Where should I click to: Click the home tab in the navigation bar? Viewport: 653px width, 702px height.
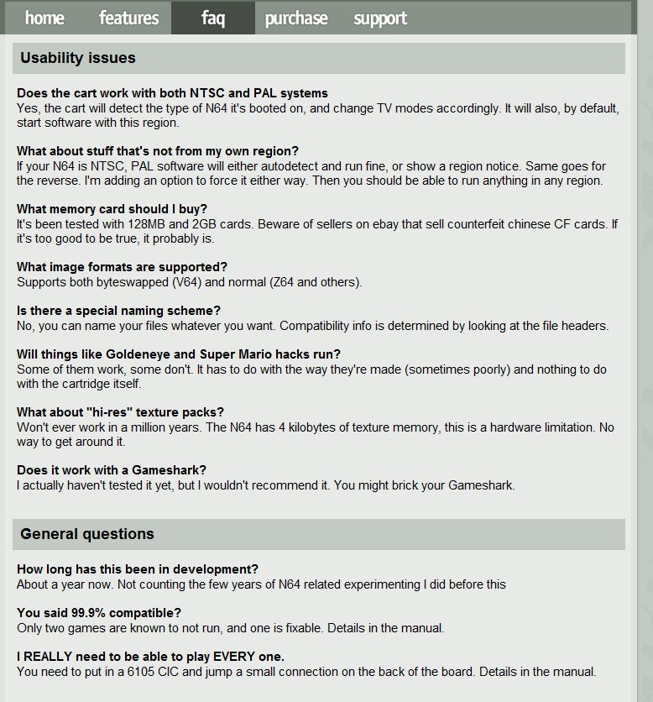(44, 18)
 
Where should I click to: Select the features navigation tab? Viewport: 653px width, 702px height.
(128, 18)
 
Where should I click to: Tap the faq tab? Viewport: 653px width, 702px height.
(213, 18)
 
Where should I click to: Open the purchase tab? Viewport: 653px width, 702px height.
(296, 18)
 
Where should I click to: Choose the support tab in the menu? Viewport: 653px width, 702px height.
(380, 18)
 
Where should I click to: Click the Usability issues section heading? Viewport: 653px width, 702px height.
(78, 58)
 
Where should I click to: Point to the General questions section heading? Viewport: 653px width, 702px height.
(87, 534)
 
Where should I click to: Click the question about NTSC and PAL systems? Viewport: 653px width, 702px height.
(172, 93)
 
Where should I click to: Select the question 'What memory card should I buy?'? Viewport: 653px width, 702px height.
(112, 209)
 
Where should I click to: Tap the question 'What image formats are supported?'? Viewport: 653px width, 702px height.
(122, 267)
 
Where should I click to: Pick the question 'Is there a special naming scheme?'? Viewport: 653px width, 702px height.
(118, 311)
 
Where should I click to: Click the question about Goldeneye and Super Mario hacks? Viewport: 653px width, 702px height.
(179, 354)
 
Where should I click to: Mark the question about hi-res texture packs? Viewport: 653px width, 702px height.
(120, 412)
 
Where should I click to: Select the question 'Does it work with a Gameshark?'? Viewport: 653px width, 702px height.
(112, 470)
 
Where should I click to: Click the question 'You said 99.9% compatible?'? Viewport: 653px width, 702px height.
(99, 613)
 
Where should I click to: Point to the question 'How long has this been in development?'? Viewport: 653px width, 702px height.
(138, 569)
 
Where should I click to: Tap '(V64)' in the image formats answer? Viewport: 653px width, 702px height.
(180, 282)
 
